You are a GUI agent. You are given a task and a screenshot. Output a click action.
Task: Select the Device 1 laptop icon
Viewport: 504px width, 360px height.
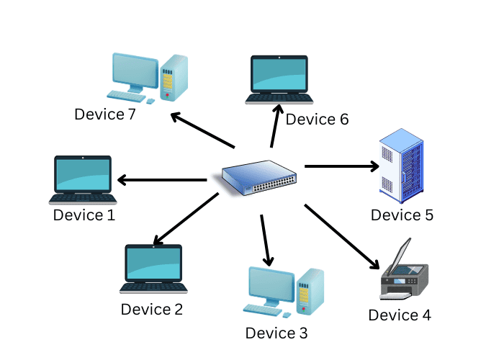(83, 179)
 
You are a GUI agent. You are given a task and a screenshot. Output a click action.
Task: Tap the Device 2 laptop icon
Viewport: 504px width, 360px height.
(153, 268)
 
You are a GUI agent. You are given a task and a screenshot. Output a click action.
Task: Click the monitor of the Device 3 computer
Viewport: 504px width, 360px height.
(271, 285)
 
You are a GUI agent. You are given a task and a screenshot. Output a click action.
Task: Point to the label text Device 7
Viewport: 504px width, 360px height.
(105, 113)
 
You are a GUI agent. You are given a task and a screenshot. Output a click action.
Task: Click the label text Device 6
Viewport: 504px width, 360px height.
(317, 120)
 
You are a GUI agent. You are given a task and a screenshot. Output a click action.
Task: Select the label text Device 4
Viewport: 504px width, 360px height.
(400, 315)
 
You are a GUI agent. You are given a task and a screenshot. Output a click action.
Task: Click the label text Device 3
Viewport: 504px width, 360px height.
(276, 333)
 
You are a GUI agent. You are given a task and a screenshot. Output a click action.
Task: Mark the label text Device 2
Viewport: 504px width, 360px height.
(152, 310)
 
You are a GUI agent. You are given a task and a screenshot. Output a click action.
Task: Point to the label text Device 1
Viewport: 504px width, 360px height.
(84, 215)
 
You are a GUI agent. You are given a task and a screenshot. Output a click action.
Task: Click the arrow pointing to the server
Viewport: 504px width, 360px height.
(342, 167)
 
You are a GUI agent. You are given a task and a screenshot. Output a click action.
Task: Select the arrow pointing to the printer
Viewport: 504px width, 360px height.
(342, 236)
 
